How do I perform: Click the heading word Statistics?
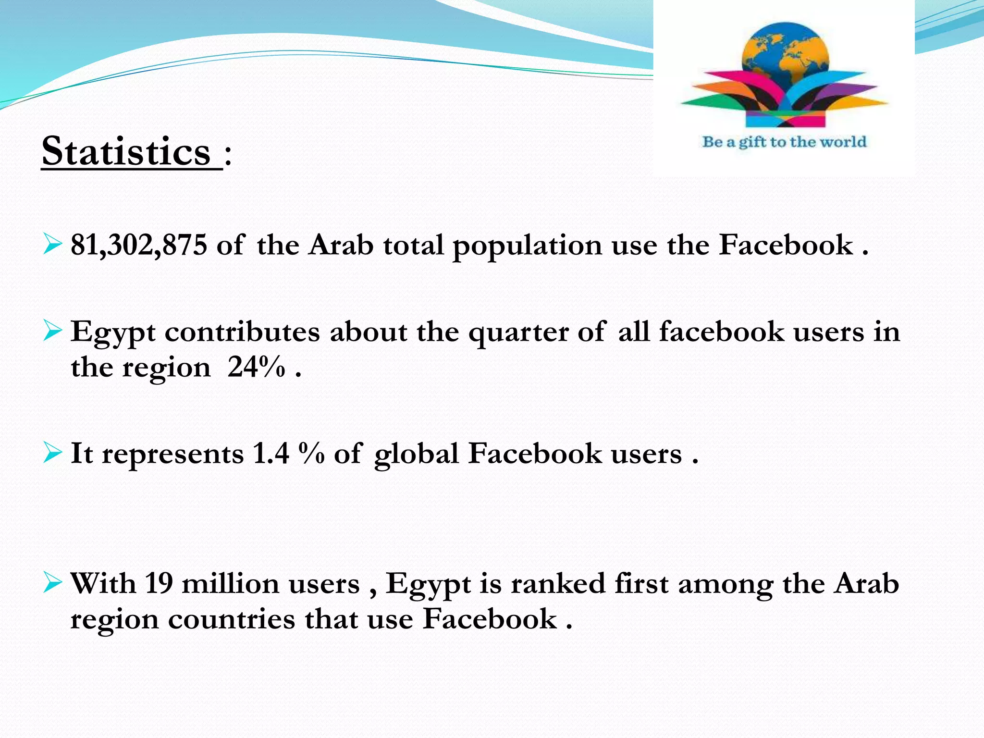click(x=126, y=151)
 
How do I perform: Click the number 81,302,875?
click(x=139, y=245)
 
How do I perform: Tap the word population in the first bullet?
click(x=527, y=246)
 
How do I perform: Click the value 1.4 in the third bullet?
click(x=271, y=453)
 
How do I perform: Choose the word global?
click(x=416, y=455)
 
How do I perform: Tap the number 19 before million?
click(x=159, y=584)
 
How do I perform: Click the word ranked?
click(x=558, y=584)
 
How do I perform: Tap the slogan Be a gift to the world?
click(x=784, y=142)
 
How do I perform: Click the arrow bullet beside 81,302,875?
click(x=52, y=244)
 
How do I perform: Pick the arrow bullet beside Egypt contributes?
click(x=52, y=331)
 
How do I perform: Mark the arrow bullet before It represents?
click(x=52, y=453)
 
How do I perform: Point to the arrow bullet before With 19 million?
click(x=52, y=582)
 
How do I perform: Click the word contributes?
click(x=242, y=332)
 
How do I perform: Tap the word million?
click(x=230, y=584)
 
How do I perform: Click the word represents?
click(x=172, y=455)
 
